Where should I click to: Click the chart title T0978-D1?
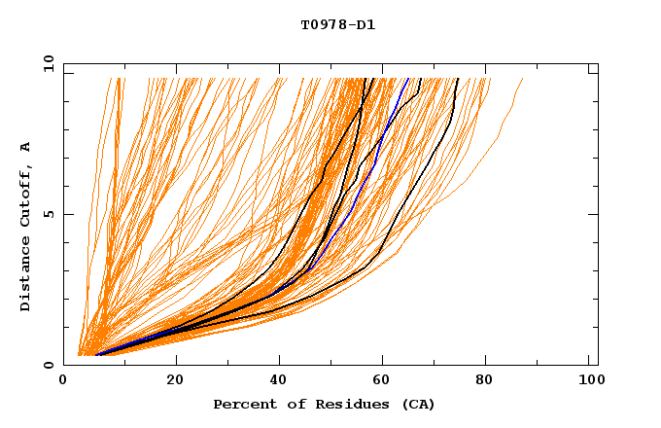tap(337, 25)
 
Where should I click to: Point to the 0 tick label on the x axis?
tap(63, 380)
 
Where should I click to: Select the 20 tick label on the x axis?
tap(175, 380)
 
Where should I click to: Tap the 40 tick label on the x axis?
tap(280, 380)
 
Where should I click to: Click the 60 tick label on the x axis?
tap(385, 380)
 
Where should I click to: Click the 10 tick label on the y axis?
tap(48, 63)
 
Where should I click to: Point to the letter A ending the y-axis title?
tap(25, 146)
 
